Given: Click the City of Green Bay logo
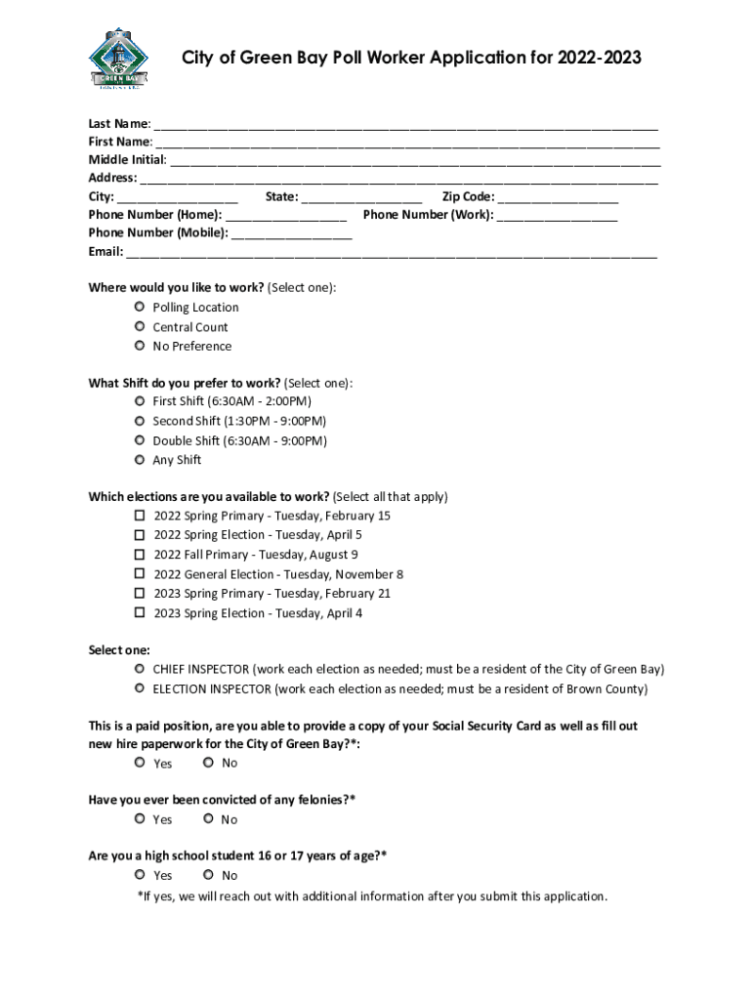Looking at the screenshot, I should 116,58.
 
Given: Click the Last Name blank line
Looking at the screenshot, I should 405,125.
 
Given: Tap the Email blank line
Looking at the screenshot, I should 391,253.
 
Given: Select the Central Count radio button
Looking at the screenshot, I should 140,327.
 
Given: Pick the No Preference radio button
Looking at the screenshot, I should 140,346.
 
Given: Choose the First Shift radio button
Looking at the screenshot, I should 140,401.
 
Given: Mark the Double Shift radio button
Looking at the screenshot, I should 140,440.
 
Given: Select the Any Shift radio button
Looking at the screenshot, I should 140,460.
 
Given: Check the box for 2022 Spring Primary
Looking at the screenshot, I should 140,516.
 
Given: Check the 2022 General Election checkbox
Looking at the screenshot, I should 140,574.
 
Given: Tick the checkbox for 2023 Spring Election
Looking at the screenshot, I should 140,613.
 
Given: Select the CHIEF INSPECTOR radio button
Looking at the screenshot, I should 140,669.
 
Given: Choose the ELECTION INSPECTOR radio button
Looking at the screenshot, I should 140,688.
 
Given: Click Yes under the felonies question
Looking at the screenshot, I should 140,819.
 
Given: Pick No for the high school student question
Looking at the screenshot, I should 208,875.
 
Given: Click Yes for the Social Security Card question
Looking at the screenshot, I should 140,763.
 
